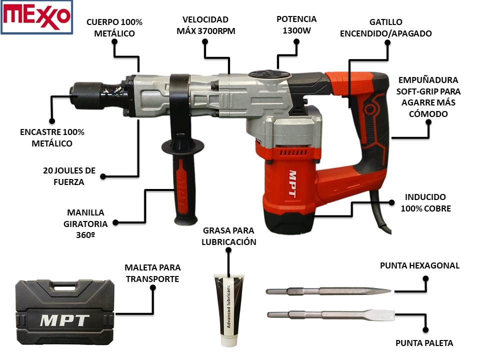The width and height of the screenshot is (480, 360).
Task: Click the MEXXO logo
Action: (x=36, y=17)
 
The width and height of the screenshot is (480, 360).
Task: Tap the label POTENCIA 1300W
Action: (x=296, y=25)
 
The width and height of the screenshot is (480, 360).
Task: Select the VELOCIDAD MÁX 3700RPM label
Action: (x=205, y=25)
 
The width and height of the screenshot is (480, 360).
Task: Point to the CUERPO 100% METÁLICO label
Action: (x=114, y=27)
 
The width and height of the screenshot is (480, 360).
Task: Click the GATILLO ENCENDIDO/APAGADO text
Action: (x=385, y=27)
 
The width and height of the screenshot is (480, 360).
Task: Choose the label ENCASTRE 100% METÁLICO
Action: (x=52, y=138)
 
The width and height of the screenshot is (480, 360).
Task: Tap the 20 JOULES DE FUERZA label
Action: (x=69, y=176)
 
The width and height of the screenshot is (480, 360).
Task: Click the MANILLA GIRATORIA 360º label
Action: (x=85, y=224)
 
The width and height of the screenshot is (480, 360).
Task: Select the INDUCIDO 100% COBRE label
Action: (x=426, y=202)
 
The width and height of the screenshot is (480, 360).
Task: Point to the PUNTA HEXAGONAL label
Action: (x=419, y=265)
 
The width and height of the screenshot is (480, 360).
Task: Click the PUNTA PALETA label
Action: (x=424, y=343)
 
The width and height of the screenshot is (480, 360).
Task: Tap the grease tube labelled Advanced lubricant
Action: (x=228, y=310)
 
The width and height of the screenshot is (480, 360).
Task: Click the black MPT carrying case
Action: (x=65, y=312)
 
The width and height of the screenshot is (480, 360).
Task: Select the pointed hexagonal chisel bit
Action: (x=328, y=291)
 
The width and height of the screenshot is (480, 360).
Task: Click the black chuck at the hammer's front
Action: (x=87, y=95)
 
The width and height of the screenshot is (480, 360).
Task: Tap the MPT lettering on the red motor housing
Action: (x=292, y=183)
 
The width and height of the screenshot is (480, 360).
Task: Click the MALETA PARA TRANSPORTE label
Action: (x=152, y=273)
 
